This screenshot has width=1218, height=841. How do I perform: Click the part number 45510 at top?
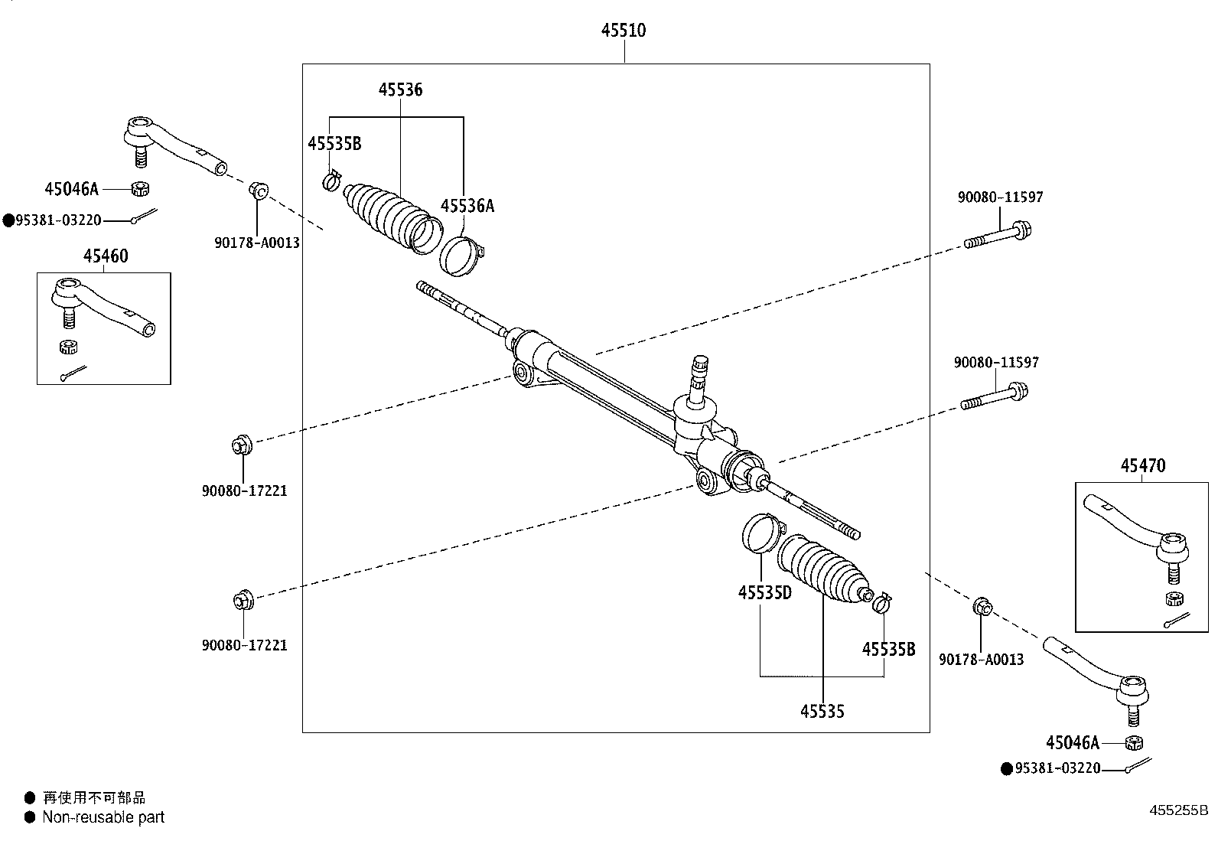click(x=623, y=31)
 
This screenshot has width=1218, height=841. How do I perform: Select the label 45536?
click(x=400, y=90)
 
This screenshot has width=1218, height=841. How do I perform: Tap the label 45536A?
click(x=467, y=206)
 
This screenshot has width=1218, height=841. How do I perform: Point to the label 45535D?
click(x=764, y=592)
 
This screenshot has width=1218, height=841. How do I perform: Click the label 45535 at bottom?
click(x=822, y=712)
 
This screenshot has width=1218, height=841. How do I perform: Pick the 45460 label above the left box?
click(x=106, y=256)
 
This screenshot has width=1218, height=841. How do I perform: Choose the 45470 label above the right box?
click(x=1143, y=465)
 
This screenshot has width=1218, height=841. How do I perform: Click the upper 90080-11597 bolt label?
click(x=1000, y=197)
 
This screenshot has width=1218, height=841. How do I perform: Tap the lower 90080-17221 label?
click(x=244, y=645)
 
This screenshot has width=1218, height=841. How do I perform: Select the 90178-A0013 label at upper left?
click(x=256, y=243)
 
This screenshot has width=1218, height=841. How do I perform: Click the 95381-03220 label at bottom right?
click(x=1057, y=768)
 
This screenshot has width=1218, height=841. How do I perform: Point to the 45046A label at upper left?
click(x=71, y=188)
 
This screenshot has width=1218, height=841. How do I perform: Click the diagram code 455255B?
click(x=1178, y=810)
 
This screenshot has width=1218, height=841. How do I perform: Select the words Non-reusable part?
click(x=103, y=817)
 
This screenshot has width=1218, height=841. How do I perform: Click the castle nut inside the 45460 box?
click(x=69, y=347)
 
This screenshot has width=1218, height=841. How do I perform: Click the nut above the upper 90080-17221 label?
click(x=240, y=444)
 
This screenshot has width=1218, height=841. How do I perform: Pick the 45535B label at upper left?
click(x=334, y=144)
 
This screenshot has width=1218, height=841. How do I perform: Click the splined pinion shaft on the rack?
click(x=699, y=375)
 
